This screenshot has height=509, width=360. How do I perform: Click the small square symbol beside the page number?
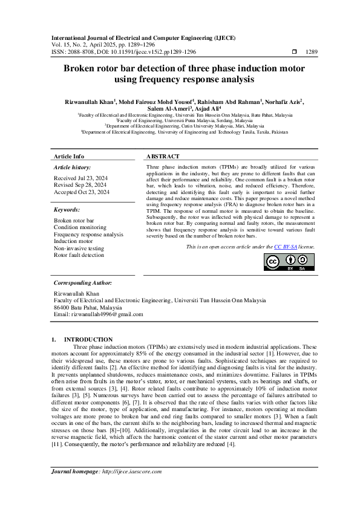[293, 53]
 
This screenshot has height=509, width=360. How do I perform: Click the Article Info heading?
[69, 156]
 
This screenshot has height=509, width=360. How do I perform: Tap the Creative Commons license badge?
[289, 262]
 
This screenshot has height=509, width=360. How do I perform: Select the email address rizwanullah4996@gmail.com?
[107, 314]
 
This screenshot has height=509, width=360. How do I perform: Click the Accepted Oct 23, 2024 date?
[82, 192]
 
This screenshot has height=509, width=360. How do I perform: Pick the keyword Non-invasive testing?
[79, 248]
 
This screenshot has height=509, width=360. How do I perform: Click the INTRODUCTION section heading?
[88, 340]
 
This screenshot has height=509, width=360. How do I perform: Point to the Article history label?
[73, 167]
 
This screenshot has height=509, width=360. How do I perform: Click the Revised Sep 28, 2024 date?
[80, 184]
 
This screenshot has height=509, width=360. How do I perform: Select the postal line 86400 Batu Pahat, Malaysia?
[88, 307]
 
